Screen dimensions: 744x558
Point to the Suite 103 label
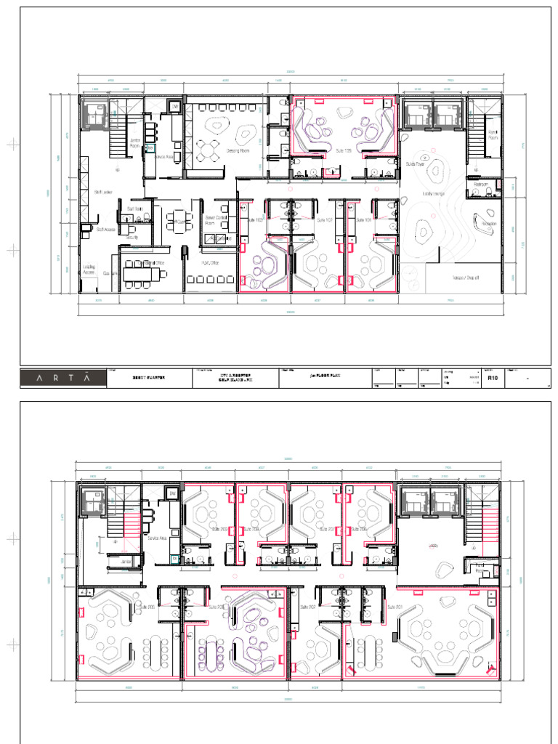tap(255, 219)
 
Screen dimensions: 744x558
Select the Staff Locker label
tap(102, 192)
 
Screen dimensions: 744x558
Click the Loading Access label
tap(89, 269)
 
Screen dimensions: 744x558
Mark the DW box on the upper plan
tap(174, 108)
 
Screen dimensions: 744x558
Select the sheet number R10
tap(493, 378)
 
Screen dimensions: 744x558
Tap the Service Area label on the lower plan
tap(158, 538)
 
